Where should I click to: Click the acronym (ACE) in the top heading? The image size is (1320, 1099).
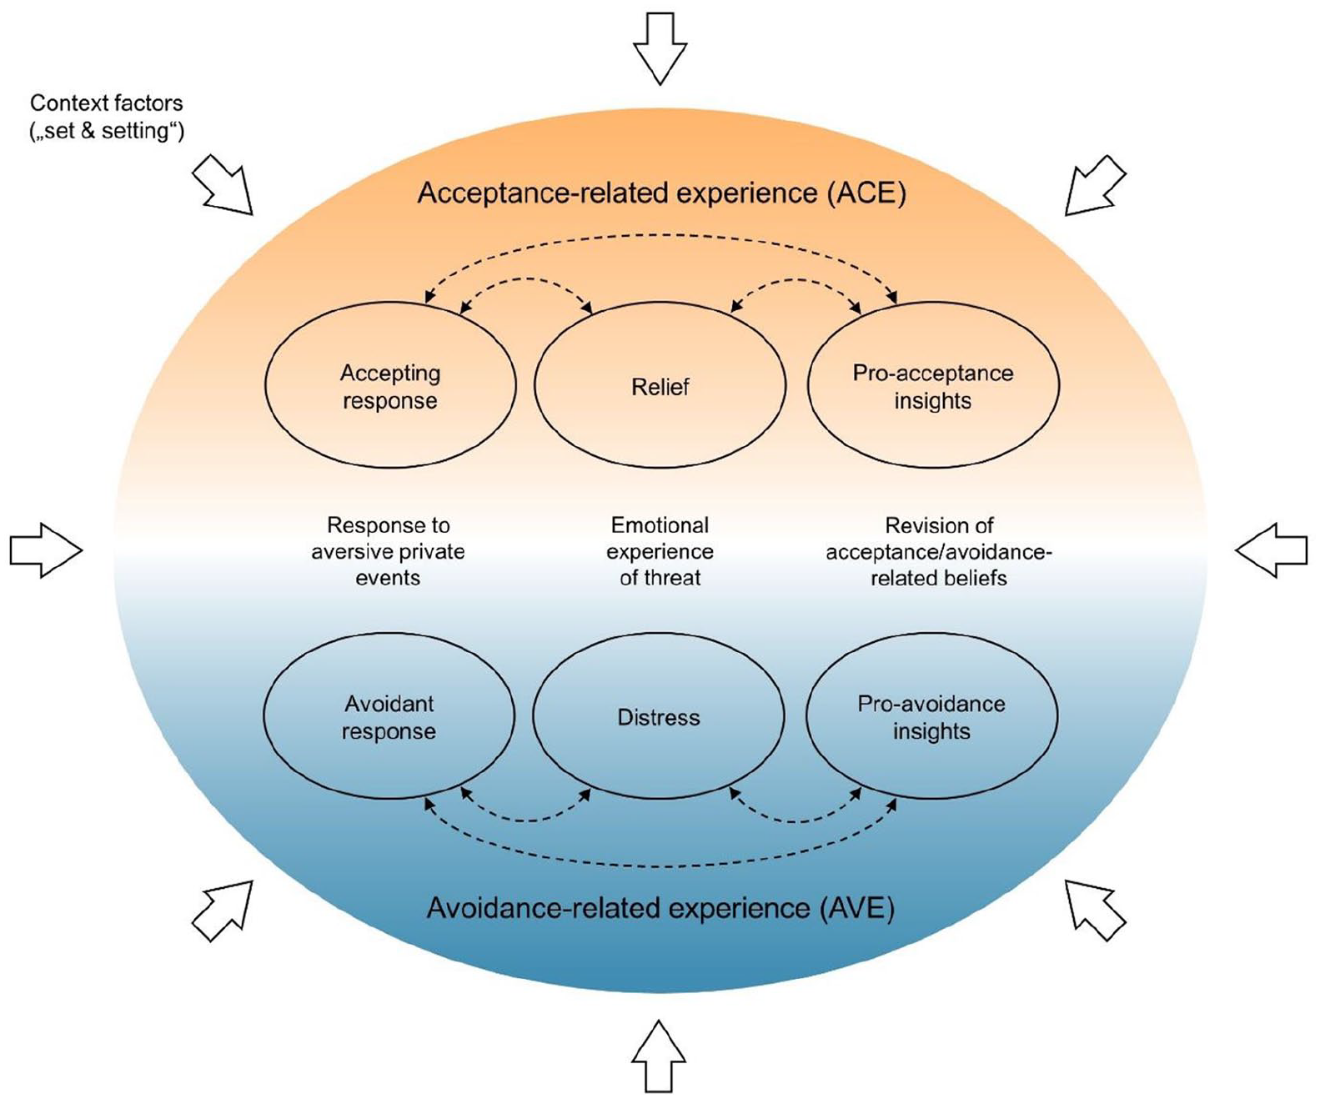click(866, 193)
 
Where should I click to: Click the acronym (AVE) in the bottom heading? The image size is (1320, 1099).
click(856, 909)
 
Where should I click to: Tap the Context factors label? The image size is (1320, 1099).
click(107, 117)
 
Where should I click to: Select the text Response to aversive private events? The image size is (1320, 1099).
click(388, 551)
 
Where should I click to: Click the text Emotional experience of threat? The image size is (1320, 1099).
click(660, 551)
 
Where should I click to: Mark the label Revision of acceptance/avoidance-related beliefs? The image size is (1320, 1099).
click(939, 551)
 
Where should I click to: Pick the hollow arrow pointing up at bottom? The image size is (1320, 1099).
click(659, 1056)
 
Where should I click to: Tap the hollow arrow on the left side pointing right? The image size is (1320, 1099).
click(46, 550)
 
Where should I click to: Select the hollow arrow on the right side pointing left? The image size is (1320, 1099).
click(1272, 550)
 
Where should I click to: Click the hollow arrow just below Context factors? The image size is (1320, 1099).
click(223, 184)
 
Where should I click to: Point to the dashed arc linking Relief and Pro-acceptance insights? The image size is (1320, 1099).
click(796, 279)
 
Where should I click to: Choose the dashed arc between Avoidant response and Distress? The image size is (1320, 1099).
click(525, 820)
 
